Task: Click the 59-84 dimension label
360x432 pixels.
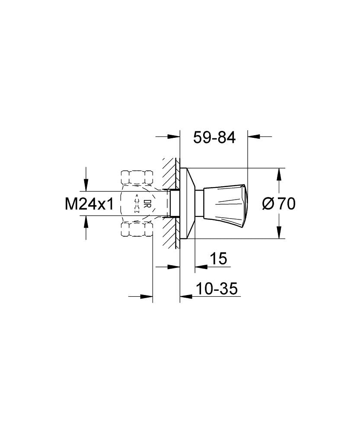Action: coord(214,137)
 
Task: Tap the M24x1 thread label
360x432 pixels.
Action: coord(89,204)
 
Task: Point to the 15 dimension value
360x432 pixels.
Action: coord(218,258)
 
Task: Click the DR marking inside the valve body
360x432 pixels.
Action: coord(146,203)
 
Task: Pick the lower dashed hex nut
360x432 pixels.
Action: coord(137,229)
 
